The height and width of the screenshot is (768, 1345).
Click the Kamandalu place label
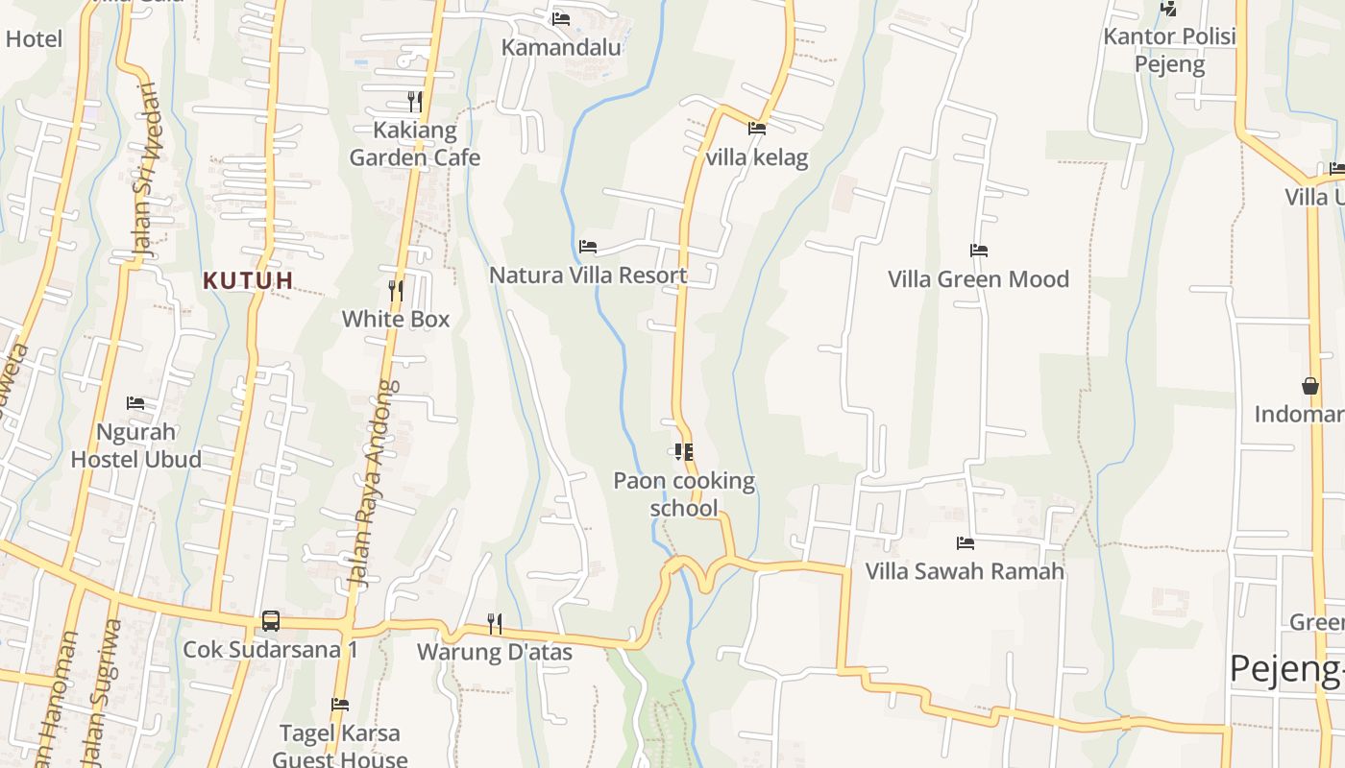point(561,47)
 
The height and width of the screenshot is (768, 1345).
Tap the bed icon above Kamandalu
point(561,18)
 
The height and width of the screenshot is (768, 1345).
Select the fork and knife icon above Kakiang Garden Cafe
point(414,101)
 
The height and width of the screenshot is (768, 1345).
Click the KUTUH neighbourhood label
point(248,280)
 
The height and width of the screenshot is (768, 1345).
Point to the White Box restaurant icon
point(395,290)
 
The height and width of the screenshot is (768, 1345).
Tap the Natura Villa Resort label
point(588,276)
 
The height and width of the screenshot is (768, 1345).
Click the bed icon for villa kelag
point(757,128)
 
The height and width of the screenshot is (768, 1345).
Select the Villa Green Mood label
point(978,279)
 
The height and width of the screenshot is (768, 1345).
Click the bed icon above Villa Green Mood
point(978,251)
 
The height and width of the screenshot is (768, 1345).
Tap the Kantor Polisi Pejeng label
point(1169,50)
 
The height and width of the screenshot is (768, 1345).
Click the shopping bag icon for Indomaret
point(1310,386)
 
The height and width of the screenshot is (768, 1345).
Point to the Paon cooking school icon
point(684,451)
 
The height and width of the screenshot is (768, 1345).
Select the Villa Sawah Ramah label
point(965,571)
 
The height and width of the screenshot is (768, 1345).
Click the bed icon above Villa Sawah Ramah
point(965,543)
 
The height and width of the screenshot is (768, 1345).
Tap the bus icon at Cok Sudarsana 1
point(271,621)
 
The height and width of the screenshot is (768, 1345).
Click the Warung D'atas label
point(494,653)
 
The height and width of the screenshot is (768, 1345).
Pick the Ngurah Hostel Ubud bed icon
point(135,403)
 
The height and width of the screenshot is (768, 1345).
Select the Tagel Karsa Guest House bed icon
point(339,705)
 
